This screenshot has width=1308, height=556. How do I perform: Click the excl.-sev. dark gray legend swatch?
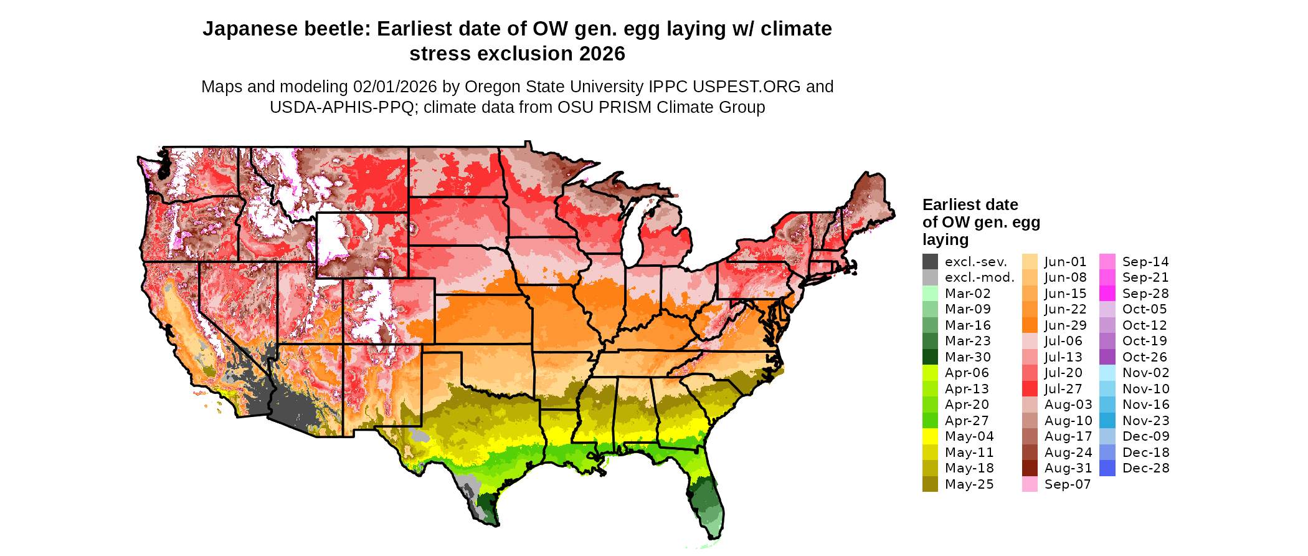coord(930,262)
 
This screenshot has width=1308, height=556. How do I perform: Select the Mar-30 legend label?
coord(967,357)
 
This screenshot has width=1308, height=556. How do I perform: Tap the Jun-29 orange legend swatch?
coord(1030,325)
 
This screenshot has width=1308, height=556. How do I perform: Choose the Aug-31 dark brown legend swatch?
coord(1030,468)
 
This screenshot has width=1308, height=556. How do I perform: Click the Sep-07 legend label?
coord(1067,484)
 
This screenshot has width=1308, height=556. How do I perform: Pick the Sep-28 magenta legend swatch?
coord(1107,294)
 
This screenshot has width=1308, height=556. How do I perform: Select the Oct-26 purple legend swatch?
coord(1107,357)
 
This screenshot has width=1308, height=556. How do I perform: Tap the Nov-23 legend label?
coord(1145,421)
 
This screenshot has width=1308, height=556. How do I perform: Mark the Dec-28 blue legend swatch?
coord(1107,468)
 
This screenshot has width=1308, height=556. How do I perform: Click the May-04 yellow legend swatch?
coord(930,436)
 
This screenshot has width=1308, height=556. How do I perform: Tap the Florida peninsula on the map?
coord(708,499)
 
